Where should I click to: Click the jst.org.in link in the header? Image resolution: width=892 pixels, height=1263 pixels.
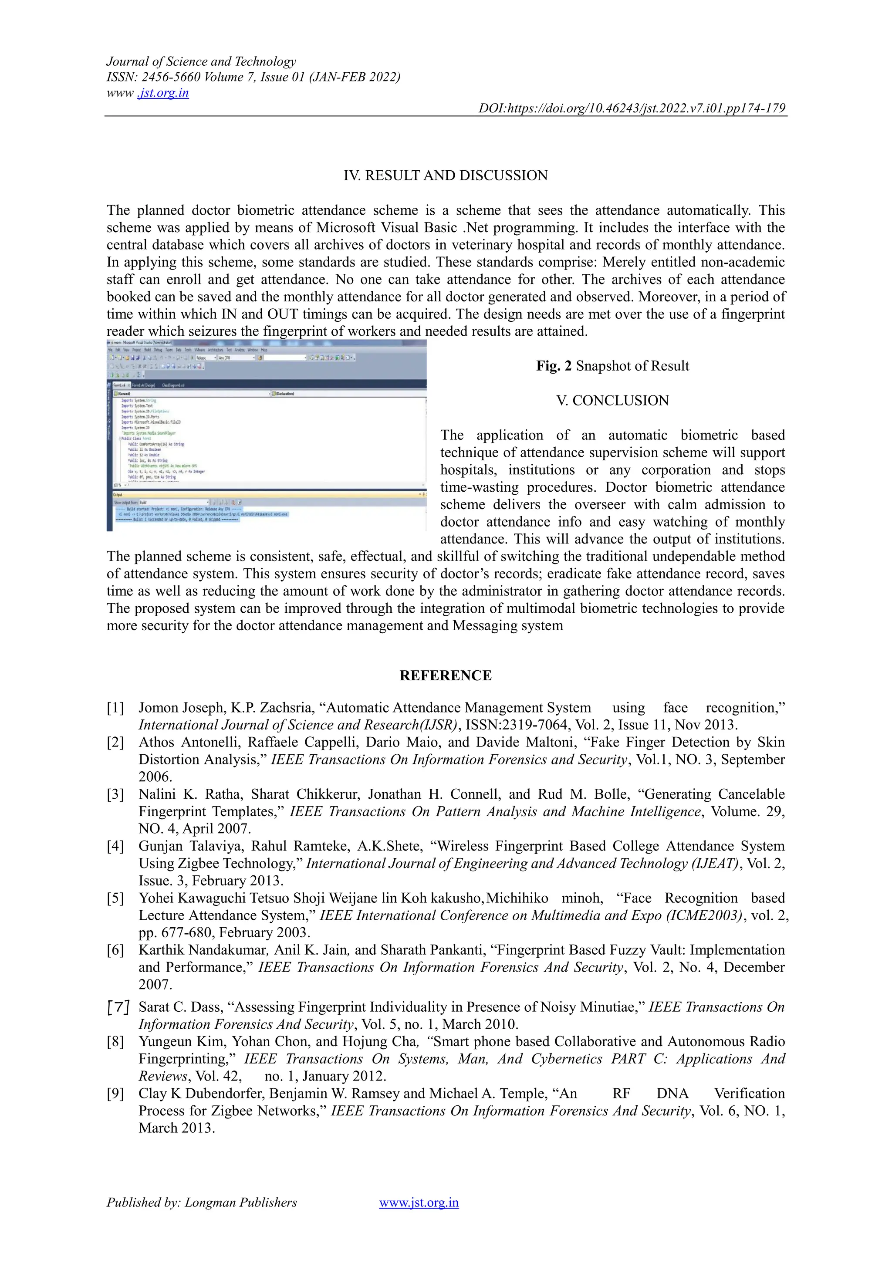click(163, 93)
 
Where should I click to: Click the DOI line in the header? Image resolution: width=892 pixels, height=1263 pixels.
click(632, 108)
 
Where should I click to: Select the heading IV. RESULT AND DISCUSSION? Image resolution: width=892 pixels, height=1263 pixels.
click(446, 176)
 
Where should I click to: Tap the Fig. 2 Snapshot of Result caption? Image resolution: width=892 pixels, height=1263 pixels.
click(612, 366)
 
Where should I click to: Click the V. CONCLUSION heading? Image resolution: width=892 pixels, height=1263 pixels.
click(612, 401)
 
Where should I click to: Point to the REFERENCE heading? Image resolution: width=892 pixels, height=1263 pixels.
click(446, 675)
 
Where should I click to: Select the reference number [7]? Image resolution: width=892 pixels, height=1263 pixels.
click(117, 1007)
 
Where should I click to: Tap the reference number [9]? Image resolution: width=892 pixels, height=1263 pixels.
click(115, 1094)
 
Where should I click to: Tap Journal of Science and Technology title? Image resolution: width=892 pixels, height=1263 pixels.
click(201, 61)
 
